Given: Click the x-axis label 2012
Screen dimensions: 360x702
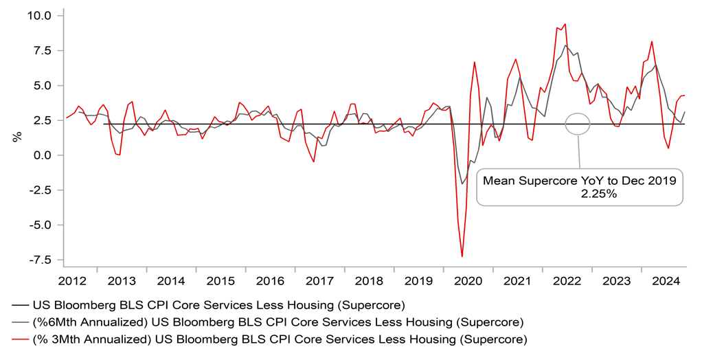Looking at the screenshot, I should pos(72,281).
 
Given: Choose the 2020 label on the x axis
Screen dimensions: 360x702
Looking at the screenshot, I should pos(467,281).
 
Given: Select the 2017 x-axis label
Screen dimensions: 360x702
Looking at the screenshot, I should pos(319,281).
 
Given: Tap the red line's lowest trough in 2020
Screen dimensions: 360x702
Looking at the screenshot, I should pos(462,257).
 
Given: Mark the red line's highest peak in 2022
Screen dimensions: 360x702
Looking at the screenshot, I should pos(565,24).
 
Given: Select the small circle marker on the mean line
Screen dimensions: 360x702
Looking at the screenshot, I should pos(578,124).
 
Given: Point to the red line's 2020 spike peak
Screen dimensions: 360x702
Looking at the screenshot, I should pos(474,62).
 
